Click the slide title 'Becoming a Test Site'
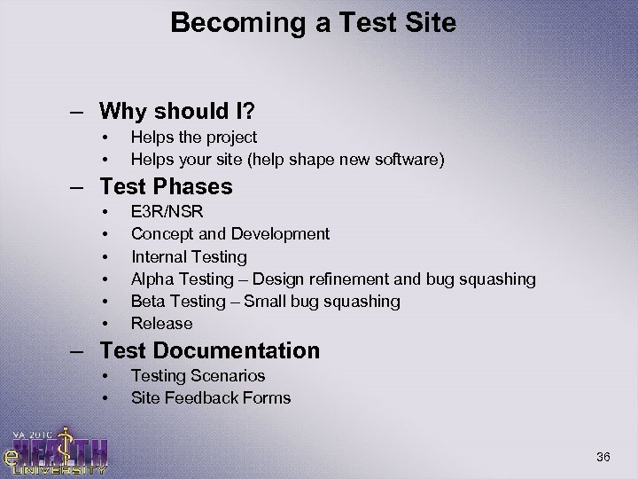tap(314, 22)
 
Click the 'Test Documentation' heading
tap(209, 350)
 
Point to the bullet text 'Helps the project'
tap(194, 137)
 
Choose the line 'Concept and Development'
tap(230, 234)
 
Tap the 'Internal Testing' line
tap(189, 256)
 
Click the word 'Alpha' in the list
tap(151, 279)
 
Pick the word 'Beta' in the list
tap(147, 302)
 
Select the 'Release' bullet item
tap(161, 324)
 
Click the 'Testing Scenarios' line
tap(198, 376)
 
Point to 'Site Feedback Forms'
tap(211, 398)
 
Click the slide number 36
tap(604, 457)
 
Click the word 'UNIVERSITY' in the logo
tap(62, 469)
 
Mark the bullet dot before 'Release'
tap(105, 324)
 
